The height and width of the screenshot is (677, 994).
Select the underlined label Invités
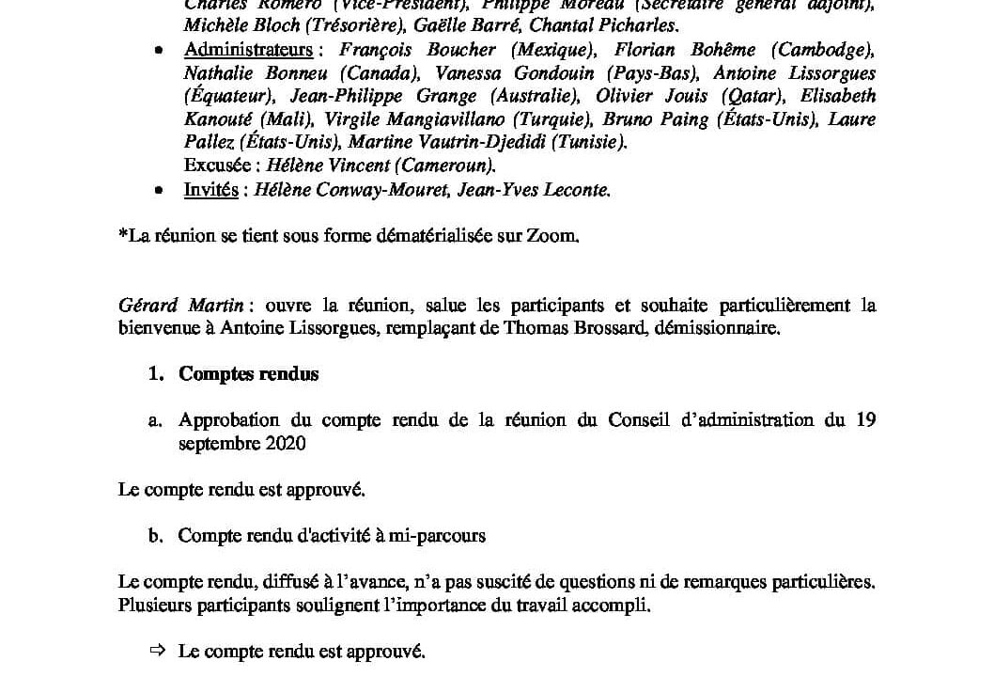coord(211,189)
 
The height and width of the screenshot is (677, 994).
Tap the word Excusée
coord(221,165)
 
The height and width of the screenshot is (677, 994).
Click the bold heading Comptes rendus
coord(249,373)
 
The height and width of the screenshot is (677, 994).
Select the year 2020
coord(286,443)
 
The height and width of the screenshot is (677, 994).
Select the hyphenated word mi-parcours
coord(442,536)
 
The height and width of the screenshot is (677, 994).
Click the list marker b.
coord(156,536)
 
